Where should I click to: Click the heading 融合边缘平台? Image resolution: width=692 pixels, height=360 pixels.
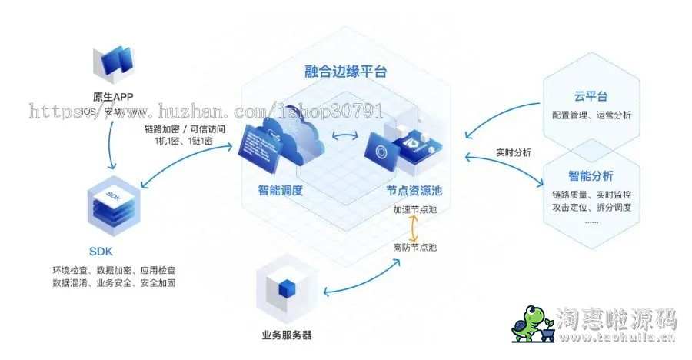[x=345, y=72]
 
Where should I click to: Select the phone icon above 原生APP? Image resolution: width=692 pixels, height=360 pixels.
[x=113, y=65]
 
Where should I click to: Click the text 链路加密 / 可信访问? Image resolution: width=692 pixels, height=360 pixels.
[x=185, y=128]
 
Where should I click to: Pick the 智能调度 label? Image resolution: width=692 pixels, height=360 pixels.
[x=280, y=190]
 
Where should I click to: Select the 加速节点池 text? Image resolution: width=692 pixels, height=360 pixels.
[x=414, y=209]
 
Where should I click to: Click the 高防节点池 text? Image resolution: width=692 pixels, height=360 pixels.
[x=414, y=247]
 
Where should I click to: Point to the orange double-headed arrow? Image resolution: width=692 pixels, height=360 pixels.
[x=414, y=228]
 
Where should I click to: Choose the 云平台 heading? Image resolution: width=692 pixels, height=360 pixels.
[x=591, y=96]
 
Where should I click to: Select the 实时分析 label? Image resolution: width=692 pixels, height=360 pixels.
[x=512, y=152]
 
